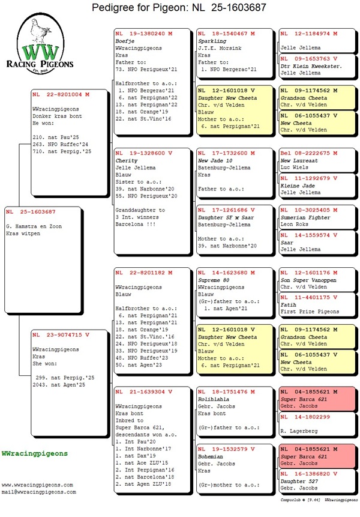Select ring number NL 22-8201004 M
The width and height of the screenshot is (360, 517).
click(x=61, y=94)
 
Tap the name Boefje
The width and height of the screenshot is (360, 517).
click(x=125, y=40)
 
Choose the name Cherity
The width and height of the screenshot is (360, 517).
click(x=127, y=161)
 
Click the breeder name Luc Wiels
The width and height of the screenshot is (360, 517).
click(x=293, y=168)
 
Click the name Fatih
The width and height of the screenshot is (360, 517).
click(x=289, y=304)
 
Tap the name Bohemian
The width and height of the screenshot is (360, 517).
click(x=212, y=456)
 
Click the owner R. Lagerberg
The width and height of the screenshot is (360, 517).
click(x=298, y=431)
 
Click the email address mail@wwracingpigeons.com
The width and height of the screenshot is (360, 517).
click(x=39, y=492)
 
